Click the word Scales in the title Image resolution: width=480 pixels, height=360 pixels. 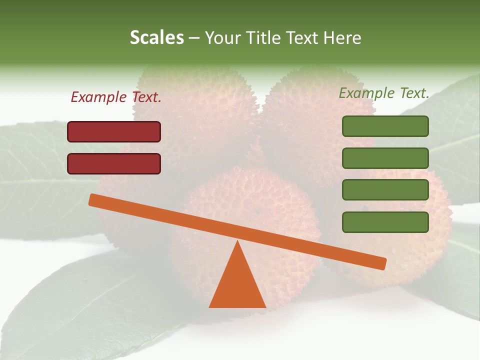(x=156, y=37)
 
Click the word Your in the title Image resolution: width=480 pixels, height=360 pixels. (x=222, y=38)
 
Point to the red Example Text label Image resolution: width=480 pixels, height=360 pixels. (x=116, y=97)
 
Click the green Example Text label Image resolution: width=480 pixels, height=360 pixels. (x=384, y=93)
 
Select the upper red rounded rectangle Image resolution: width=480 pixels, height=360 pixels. (x=114, y=131)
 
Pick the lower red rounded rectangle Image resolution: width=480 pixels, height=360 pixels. (x=114, y=163)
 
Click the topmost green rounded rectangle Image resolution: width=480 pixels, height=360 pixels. (x=385, y=126)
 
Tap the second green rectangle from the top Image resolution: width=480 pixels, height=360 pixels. (x=385, y=158)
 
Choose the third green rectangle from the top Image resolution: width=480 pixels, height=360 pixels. (x=385, y=190)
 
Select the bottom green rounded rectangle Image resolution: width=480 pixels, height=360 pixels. (x=385, y=222)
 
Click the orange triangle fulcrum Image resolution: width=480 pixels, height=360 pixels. (x=237, y=285)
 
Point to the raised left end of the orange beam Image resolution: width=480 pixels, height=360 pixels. (x=93, y=200)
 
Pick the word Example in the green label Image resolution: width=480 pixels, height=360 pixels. (x=366, y=93)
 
